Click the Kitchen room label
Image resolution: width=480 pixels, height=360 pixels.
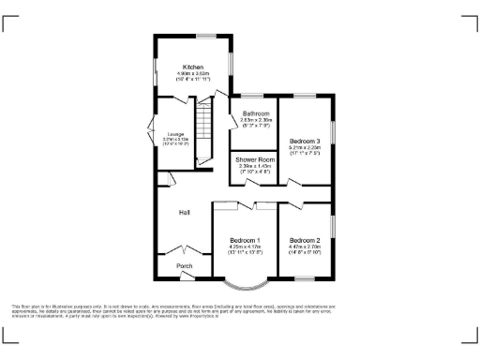click(193, 67)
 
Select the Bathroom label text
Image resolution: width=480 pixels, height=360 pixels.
click(256, 114)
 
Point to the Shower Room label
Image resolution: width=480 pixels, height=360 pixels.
click(253, 160)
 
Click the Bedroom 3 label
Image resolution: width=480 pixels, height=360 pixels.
click(305, 141)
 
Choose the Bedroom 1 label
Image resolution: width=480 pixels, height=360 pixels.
click(246, 241)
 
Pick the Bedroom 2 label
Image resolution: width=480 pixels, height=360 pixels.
click(305, 241)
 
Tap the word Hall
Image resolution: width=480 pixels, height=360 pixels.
click(186, 213)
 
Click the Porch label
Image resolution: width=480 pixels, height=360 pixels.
click(186, 266)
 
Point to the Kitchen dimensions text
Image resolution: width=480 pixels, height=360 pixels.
click(193, 77)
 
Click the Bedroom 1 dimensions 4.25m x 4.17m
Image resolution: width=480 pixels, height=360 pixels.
click(246, 248)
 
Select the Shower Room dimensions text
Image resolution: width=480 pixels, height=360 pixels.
click(253, 170)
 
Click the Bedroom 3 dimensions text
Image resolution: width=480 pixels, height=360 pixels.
click(305, 150)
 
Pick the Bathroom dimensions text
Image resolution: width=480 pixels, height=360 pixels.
click(256, 123)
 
